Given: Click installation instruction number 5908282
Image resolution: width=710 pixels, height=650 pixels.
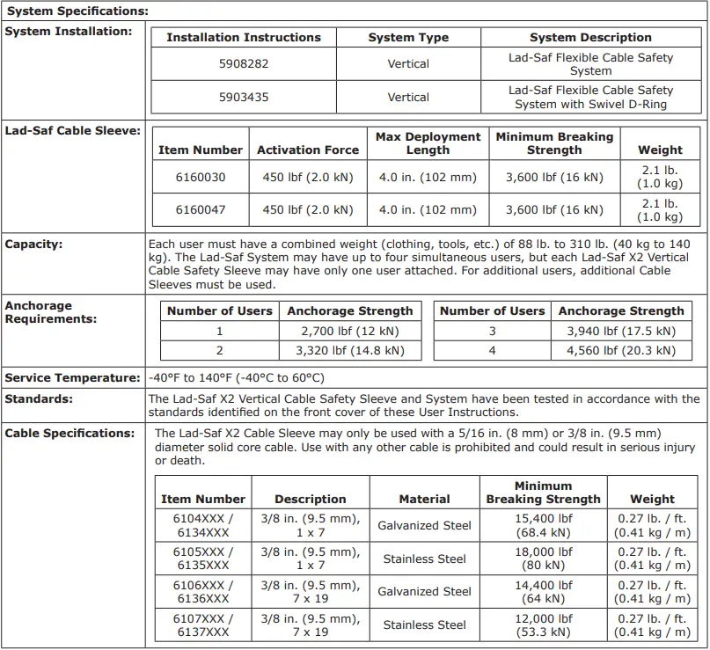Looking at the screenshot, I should point(244,64).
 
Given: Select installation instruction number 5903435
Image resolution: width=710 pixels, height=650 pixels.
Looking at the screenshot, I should point(244,97).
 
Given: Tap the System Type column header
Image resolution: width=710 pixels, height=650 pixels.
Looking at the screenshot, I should point(408,38).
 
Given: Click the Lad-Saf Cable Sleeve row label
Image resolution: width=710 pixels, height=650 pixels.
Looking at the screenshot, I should point(72,130).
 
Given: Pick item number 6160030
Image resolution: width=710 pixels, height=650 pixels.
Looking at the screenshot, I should point(200,177).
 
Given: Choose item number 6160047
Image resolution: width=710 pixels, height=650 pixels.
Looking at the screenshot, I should point(200,210).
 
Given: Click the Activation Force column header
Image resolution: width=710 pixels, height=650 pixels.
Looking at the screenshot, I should point(308,150).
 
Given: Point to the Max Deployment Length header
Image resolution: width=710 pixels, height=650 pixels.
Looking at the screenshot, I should point(428,143).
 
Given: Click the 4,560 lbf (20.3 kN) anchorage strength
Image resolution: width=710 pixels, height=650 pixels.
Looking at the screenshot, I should point(621,350).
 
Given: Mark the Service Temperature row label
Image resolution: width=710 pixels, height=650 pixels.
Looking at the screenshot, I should point(72,378).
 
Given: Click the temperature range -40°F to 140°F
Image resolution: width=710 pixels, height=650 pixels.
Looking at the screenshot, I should point(236,378).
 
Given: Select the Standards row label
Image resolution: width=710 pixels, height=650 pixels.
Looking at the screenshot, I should point(39,398).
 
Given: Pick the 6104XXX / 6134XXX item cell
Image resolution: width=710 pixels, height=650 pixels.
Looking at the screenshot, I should point(203,525).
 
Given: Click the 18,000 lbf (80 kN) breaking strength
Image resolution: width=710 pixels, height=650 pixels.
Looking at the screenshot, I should point(543,559).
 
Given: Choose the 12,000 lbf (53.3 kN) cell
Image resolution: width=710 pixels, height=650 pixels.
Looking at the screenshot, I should point(543,624).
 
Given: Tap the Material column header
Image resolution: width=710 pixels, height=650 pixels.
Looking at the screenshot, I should point(424,499).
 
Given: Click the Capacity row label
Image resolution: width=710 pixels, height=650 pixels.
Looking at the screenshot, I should point(34,245).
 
